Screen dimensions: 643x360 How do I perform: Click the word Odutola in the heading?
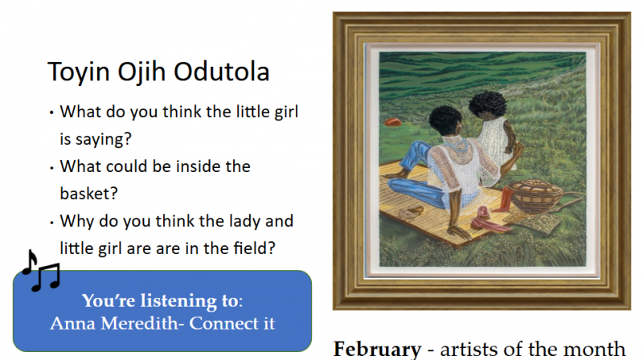222,72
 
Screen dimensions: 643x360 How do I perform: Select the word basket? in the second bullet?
88,193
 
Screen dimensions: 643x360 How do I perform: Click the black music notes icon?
41,271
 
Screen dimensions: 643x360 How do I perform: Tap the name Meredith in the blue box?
140,323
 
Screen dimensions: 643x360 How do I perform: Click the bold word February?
377,350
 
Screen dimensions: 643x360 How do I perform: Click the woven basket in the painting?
536,195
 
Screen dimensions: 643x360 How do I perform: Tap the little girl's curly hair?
488,104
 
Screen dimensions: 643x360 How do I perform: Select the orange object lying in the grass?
392,122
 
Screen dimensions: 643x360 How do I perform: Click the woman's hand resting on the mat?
458,232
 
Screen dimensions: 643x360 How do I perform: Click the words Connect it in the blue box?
232,323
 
